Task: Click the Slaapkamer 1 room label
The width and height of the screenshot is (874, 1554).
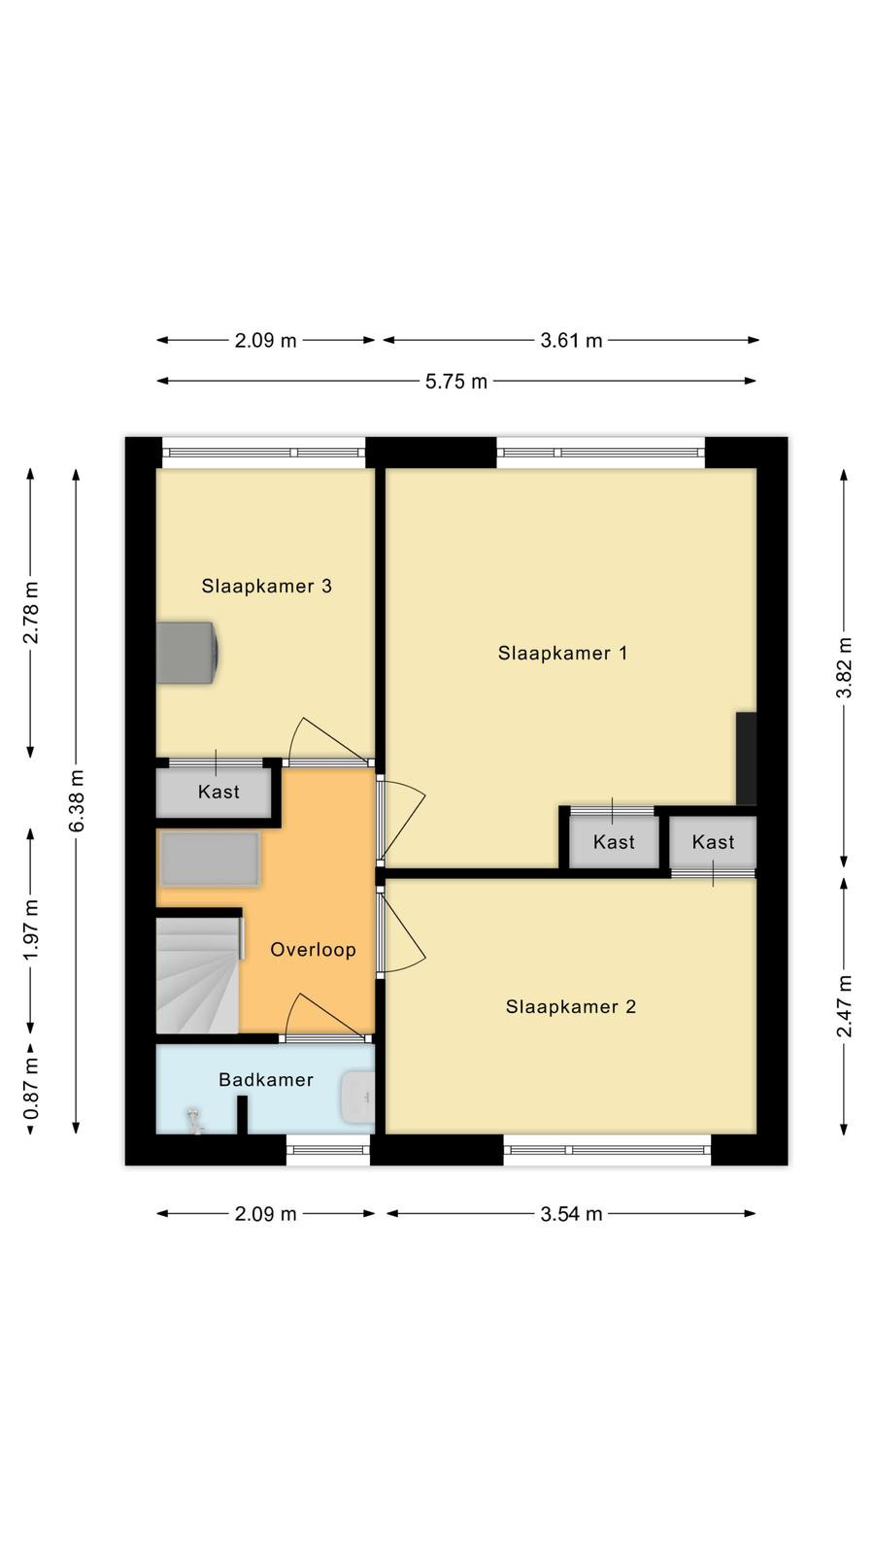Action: [562, 653]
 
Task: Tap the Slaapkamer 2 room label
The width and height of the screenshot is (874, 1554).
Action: [570, 1006]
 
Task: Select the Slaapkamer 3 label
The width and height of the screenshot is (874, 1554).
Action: [266, 587]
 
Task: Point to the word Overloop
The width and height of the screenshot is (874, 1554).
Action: [313, 950]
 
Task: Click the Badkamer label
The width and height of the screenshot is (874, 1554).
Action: [266, 1079]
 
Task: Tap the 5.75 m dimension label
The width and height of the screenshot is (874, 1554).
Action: [456, 382]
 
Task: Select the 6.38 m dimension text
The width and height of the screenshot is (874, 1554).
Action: [77, 800]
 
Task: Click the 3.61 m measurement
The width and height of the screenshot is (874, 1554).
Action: [572, 341]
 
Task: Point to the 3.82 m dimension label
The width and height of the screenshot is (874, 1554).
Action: [844, 668]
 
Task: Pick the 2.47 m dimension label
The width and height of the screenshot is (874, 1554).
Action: [844, 1006]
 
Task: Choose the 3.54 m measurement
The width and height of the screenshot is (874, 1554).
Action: [572, 1214]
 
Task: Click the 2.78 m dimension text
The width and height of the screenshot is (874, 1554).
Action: [31, 613]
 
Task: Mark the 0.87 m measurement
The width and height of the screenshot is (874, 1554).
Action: [31, 1088]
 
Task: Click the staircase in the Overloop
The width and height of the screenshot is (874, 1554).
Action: [199, 975]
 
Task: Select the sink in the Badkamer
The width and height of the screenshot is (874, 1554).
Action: [358, 1097]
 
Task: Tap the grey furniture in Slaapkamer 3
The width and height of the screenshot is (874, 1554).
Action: [188, 653]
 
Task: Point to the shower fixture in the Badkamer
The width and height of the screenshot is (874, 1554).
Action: [195, 1122]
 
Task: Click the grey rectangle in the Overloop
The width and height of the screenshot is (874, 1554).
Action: [210, 860]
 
